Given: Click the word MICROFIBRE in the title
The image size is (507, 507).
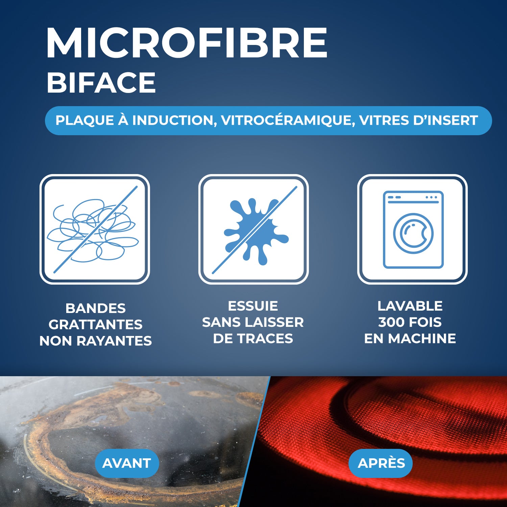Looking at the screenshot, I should coord(187,43).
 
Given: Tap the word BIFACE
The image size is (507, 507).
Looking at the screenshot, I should coord(101,83).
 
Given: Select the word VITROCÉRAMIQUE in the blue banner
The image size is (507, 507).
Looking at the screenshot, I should coord(288,121).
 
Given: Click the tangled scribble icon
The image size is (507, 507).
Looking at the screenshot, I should coord(94,230).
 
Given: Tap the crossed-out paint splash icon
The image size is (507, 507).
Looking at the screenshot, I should coord(254,230).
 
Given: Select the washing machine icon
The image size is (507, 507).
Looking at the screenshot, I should coord(413,230).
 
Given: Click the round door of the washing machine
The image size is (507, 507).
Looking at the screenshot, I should coord(413,233).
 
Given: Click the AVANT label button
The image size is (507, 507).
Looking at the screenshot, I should coord(127,463).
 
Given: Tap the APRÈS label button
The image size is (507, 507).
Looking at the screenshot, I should coord(381,463).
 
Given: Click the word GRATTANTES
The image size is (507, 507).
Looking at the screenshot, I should coord(95,324).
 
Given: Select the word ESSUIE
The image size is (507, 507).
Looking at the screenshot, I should coord(253,306).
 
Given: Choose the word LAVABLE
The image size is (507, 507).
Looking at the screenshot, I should coord(410,306).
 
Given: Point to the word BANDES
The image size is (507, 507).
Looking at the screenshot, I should coord(95,308).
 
